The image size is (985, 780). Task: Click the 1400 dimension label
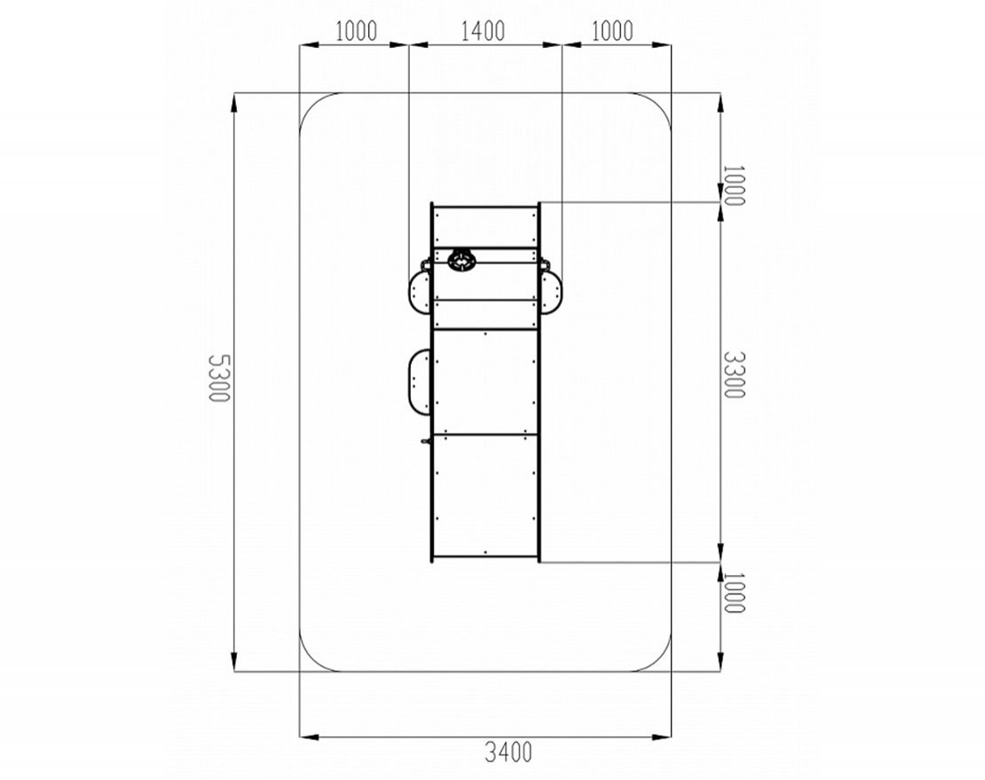(x=483, y=31)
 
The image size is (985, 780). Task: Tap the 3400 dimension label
(x=508, y=752)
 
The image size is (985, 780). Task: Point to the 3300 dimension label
(x=733, y=374)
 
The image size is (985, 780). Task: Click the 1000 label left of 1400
(x=356, y=31)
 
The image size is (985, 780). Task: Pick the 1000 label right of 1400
(x=612, y=31)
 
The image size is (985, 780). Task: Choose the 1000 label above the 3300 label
(x=733, y=185)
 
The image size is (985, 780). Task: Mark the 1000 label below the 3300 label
(x=733, y=593)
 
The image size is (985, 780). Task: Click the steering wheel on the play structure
(x=462, y=259)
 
